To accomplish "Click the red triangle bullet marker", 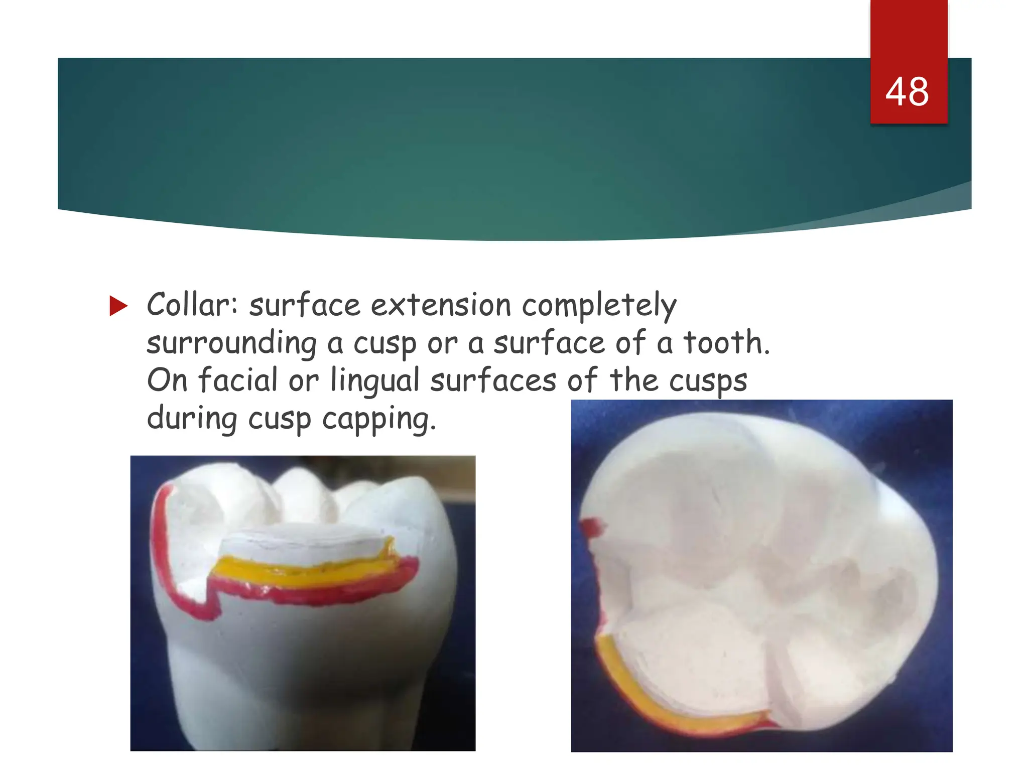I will point(118,306).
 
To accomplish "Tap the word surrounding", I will point(231,344).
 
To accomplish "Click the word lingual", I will point(374,381).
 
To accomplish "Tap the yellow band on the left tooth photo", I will point(301,572).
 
